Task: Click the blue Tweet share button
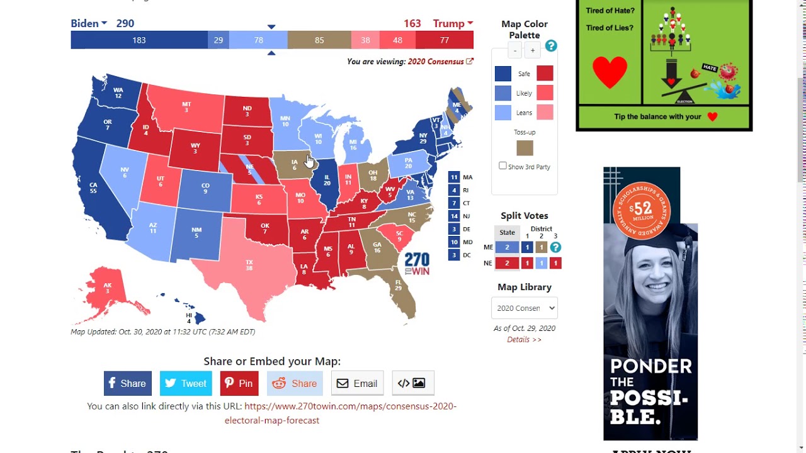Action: tap(187, 383)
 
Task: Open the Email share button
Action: tap(357, 383)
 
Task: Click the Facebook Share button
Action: tap(128, 383)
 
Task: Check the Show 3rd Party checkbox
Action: tap(502, 166)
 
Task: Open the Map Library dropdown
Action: tap(525, 308)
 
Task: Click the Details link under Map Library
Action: tap(524, 340)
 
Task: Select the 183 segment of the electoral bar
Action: tap(139, 40)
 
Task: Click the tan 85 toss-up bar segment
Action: tap(319, 40)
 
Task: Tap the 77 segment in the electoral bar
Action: tap(445, 40)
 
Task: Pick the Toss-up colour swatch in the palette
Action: tap(525, 148)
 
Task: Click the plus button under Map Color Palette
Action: tap(533, 50)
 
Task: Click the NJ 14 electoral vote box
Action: tap(454, 216)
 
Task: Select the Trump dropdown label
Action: tap(452, 23)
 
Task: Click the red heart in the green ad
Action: tap(610, 72)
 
